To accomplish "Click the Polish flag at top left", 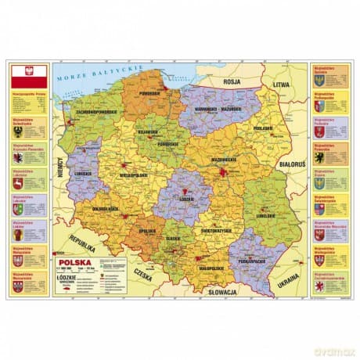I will tap(29, 76).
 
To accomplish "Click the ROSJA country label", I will tap(231, 79).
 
